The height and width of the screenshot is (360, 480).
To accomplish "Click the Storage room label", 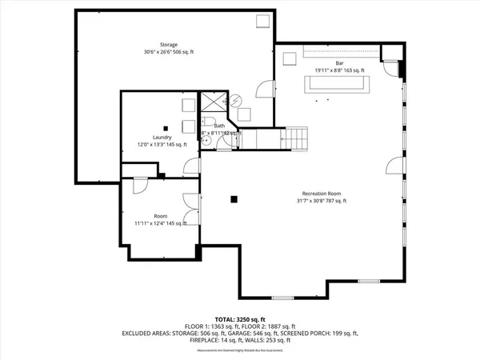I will [168, 45].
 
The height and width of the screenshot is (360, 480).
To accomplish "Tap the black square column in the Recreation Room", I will [233, 199].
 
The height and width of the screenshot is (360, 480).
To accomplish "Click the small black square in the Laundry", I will [165, 128].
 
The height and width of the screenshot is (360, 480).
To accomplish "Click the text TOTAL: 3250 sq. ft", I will [241, 318].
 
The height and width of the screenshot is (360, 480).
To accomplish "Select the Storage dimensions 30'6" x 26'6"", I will [168, 52].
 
